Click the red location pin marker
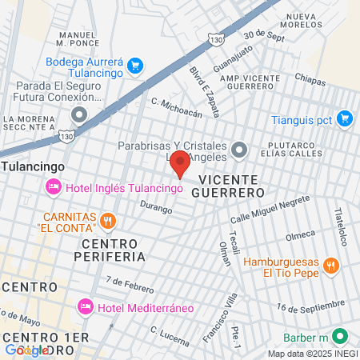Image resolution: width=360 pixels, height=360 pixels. point(180,163)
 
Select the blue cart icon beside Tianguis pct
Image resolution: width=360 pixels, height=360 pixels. point(345,118)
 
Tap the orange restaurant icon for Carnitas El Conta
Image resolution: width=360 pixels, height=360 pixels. point(108,220)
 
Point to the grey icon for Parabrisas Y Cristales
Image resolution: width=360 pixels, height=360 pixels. point(238,150)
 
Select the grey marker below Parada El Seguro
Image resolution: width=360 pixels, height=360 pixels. point(78,114)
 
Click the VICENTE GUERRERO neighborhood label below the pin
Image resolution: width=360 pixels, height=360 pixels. point(231,186)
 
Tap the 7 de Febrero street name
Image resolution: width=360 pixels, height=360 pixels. point(128,283)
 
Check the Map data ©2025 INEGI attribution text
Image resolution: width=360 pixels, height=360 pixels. point(312,354)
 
